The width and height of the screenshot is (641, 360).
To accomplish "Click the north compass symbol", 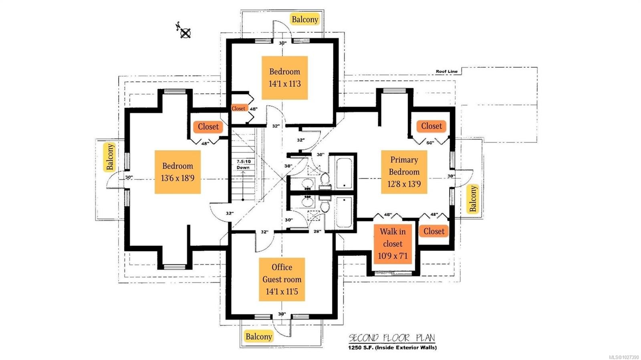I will click(184, 32).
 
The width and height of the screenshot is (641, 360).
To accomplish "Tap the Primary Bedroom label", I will click(404, 172).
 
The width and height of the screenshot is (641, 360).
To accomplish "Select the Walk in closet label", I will click(393, 243).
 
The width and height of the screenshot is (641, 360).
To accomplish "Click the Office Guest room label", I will click(282, 279).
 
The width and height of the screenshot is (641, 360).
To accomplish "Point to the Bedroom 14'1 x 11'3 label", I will click(284, 78).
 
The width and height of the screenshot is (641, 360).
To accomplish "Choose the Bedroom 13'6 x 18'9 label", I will click(177, 172).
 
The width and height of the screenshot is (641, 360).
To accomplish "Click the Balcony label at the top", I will click(305, 19).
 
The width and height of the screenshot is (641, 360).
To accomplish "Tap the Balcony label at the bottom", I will click(259, 336).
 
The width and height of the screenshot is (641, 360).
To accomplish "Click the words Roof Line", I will click(446, 72).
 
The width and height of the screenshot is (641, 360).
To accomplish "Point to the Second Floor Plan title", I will click(391, 338).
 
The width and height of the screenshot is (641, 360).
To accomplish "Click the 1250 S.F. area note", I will click(392, 348).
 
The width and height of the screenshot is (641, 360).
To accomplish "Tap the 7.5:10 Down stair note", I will click(243, 165).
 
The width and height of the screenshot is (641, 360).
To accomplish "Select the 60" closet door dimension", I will click(430, 143).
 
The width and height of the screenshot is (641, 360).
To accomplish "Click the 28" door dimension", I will click(317, 231).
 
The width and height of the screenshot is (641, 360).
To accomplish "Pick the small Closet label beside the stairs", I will click(238, 109).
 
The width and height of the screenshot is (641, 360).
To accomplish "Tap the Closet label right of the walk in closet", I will click(434, 231).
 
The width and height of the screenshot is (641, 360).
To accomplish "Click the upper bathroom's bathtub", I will click(344, 173).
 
